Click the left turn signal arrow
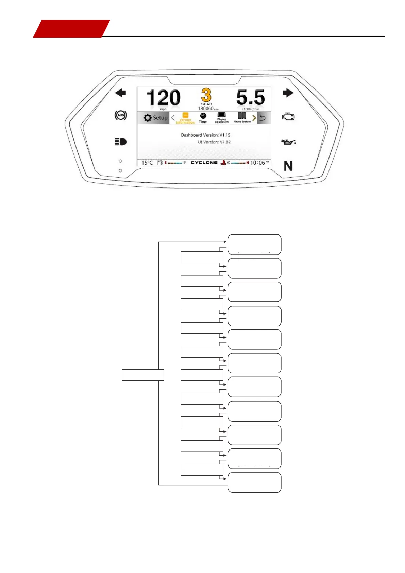120,93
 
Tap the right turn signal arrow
288,93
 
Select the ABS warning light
121,115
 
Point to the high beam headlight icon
121,142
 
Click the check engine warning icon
288,117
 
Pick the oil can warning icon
288,142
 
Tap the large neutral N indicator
288,166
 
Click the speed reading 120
163,98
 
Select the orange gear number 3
206,95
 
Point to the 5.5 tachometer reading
251,98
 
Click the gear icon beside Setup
148,118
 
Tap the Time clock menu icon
203,116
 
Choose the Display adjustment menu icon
221,115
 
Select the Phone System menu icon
242,116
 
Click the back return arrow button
263,118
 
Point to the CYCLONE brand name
204,163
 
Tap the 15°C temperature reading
147,163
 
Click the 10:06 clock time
258,163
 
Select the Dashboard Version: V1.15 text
205,135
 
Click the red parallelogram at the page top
71,29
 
